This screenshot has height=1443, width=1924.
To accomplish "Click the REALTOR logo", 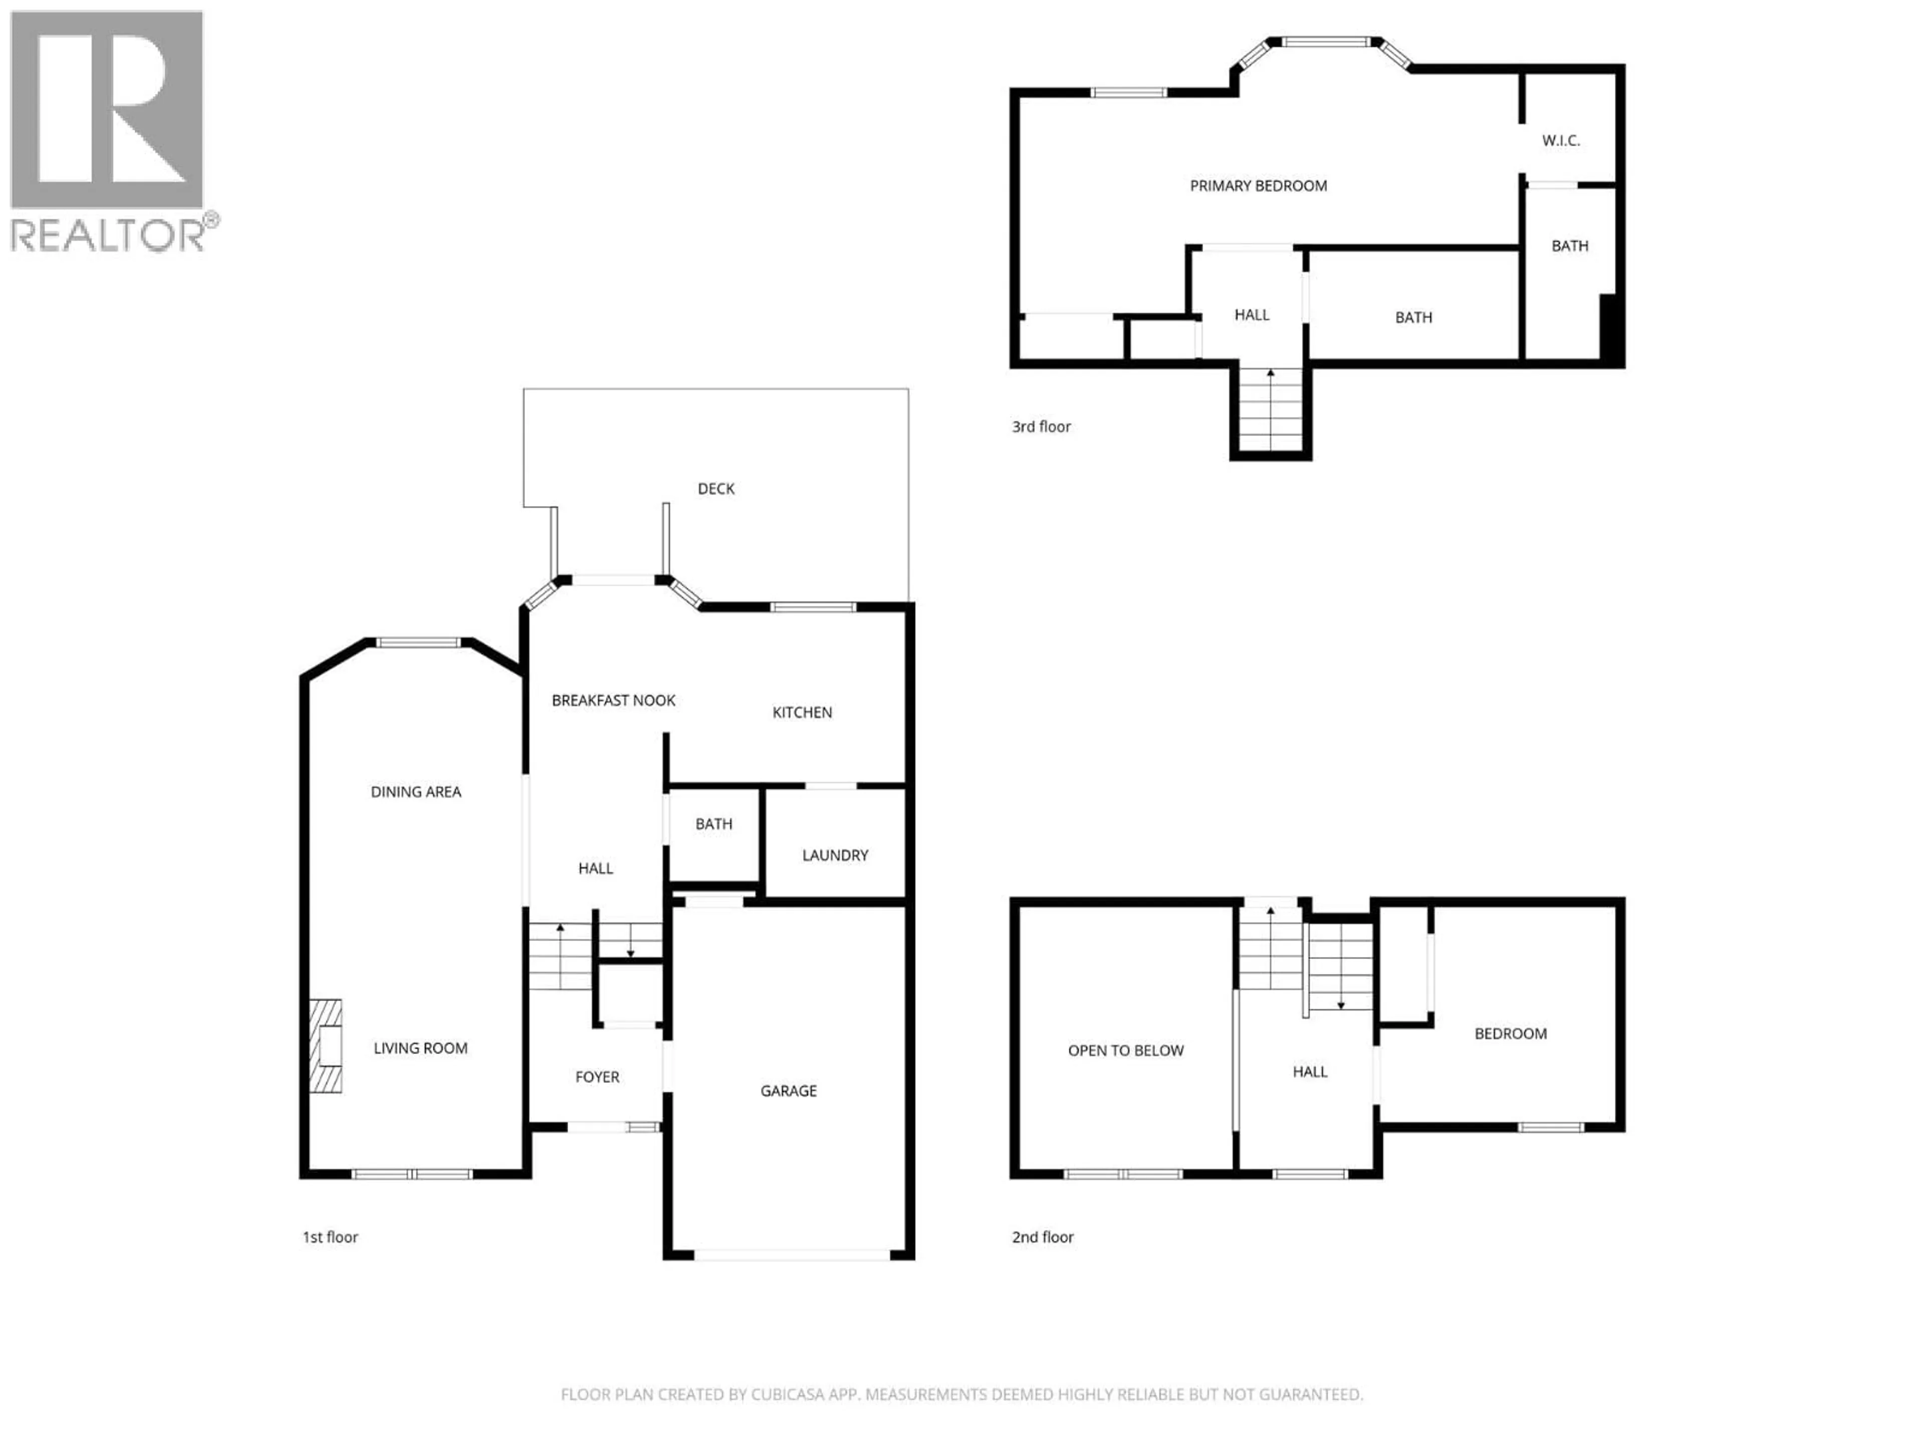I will [108, 130].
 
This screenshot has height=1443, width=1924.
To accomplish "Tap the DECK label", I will [716, 489].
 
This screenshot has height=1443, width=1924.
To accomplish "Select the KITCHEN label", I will [802, 712].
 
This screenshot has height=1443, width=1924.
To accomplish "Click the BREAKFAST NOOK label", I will [613, 700].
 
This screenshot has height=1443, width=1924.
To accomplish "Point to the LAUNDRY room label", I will [835, 855].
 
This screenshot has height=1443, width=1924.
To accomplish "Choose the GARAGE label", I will [788, 1091].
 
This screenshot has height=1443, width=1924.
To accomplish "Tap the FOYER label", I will [597, 1077].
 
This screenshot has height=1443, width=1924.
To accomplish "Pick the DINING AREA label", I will [416, 792].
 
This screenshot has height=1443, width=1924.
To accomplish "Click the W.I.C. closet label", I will [1560, 140].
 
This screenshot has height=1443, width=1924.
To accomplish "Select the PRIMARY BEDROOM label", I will [1258, 185].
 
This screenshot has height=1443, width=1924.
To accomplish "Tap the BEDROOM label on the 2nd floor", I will [1510, 1033].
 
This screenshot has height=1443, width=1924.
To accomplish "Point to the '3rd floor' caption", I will [1041, 426].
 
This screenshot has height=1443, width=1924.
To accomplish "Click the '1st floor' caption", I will [330, 1237].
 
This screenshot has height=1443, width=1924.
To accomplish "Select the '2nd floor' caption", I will [1042, 1237].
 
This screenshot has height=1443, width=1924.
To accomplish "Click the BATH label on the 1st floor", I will [713, 824].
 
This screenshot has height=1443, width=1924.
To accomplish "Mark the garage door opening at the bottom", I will [792, 1255].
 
